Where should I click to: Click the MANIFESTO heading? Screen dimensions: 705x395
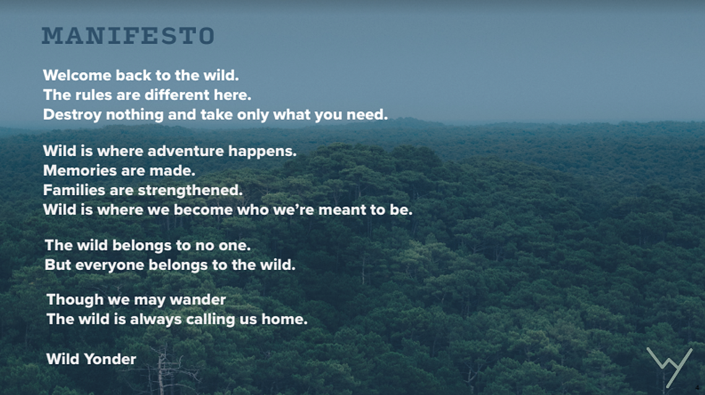pyautogui.click(x=128, y=36)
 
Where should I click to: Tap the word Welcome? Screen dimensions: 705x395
pyautogui.click(x=77, y=75)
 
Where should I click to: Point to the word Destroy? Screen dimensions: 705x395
pyautogui.click(x=72, y=115)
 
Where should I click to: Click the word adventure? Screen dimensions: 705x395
pyautogui.click(x=185, y=150)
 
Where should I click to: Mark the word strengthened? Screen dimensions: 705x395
pyautogui.click(x=190, y=191)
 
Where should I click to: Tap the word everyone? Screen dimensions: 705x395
pyautogui.click(x=110, y=266)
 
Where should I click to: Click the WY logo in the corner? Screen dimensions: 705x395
pyautogui.click(x=670, y=367)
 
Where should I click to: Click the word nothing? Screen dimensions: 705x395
pyautogui.click(x=134, y=115)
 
